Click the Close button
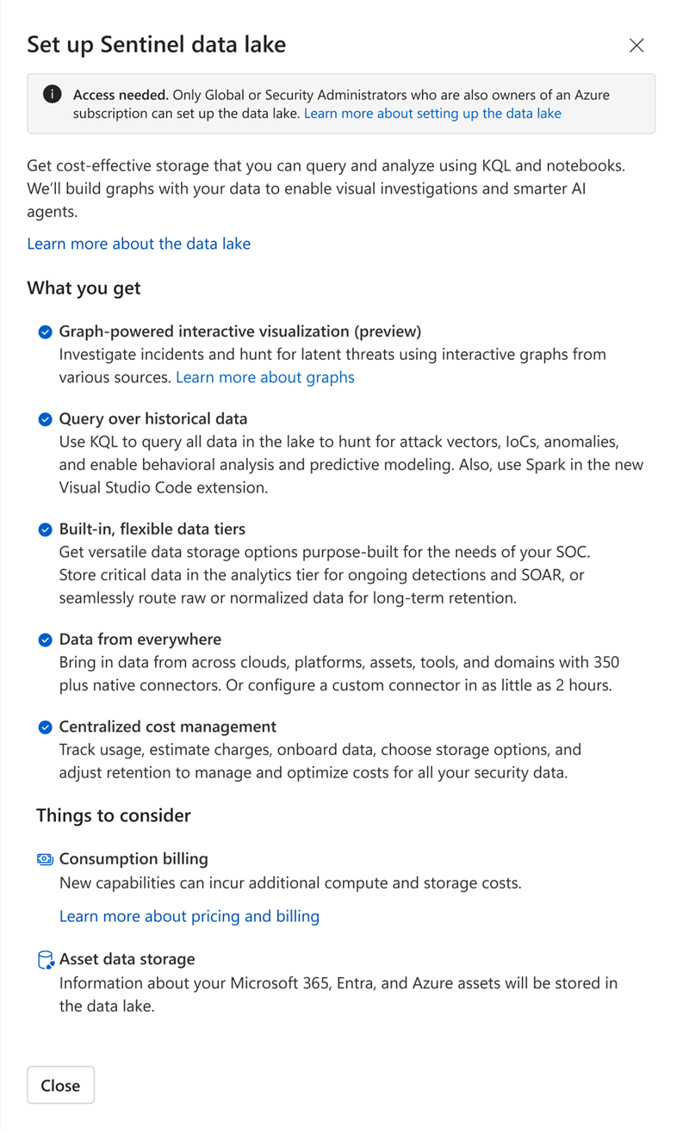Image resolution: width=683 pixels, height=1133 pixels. tap(60, 1086)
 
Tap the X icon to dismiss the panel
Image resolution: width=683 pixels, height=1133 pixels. tap(636, 46)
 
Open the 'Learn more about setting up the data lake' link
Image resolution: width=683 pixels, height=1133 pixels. tap(432, 114)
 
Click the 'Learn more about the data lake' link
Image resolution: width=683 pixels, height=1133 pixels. tap(139, 244)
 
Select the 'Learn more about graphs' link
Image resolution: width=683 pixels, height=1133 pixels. tap(265, 377)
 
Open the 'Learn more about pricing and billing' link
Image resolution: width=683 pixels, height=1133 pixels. tap(189, 916)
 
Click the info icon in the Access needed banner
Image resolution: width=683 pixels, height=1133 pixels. tap(53, 94)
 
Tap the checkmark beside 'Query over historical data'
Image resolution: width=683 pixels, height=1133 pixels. tap(46, 419)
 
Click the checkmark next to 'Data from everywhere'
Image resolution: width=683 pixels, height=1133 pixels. tap(46, 640)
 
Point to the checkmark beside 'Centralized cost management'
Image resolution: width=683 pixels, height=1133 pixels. tap(46, 727)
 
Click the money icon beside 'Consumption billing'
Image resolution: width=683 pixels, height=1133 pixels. tap(46, 859)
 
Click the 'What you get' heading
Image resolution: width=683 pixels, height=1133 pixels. tap(84, 288)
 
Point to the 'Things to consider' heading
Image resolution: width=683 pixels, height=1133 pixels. tap(114, 815)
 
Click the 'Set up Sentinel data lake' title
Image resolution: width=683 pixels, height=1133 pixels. tap(156, 45)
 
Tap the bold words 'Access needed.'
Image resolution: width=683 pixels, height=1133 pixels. tap(120, 95)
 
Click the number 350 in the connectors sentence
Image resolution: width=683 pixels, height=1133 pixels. tap(605, 663)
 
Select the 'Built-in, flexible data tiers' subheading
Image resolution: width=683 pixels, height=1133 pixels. tap(152, 529)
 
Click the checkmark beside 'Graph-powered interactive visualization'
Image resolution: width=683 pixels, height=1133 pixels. tap(46, 332)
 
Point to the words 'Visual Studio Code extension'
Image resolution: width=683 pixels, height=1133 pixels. tap(163, 487)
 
